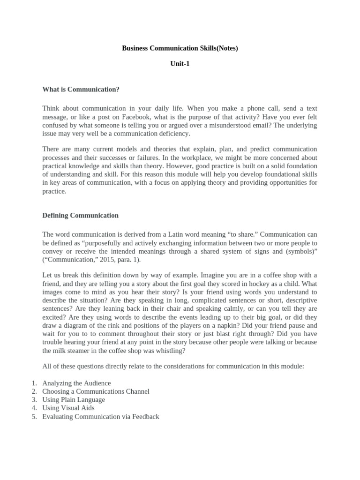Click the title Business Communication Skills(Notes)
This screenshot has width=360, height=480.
point(180,48)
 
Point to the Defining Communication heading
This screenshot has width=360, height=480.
point(80,216)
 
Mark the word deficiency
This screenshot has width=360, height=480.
point(173,134)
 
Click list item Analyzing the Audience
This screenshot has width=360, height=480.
point(76,383)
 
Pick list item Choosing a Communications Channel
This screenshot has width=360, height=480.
point(96,391)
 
